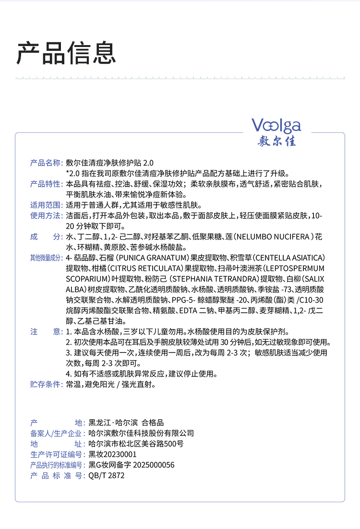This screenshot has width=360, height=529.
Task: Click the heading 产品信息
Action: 67,52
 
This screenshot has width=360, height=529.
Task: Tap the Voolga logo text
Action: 276,126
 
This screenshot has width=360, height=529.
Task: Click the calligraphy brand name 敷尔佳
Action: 277,141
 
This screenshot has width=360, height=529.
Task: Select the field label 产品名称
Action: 47,163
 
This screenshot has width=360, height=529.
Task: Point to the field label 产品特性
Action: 47,184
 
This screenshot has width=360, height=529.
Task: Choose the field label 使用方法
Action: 47,216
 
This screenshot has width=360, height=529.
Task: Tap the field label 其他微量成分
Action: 47,258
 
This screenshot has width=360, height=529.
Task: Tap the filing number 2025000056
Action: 153,465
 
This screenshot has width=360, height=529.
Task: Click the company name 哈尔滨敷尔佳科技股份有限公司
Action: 142,433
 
